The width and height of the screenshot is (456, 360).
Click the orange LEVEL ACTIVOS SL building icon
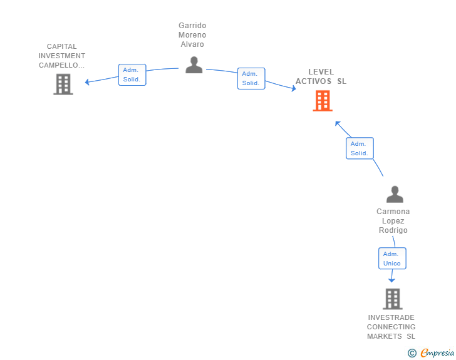[323, 101]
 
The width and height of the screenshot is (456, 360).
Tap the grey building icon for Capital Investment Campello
[63, 85]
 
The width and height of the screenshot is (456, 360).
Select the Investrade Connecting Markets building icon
[393, 299]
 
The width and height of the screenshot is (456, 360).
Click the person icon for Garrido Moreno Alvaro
[194, 65]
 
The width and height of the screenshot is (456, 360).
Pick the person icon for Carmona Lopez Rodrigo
[395, 194]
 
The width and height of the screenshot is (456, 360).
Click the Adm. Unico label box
[392, 258]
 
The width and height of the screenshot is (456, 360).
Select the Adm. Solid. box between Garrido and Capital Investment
[132, 75]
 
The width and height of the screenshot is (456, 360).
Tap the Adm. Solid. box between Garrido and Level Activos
[251, 78]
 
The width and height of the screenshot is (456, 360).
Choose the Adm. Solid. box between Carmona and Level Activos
[360, 148]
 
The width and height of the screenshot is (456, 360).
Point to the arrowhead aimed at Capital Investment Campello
[86, 82]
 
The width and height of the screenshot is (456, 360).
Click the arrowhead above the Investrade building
[391, 280]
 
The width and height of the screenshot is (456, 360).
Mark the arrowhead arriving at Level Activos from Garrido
[294, 88]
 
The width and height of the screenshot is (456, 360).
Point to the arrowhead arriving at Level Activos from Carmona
[338, 123]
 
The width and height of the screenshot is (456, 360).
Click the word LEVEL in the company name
[321, 72]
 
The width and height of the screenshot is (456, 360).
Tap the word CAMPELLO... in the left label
[61, 65]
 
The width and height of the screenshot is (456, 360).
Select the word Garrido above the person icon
[192, 26]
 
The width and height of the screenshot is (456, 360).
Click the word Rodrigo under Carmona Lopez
[393, 230]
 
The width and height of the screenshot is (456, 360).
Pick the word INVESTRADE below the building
[391, 317]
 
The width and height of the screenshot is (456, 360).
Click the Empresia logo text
[437, 352]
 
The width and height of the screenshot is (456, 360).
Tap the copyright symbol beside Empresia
[412, 353]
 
